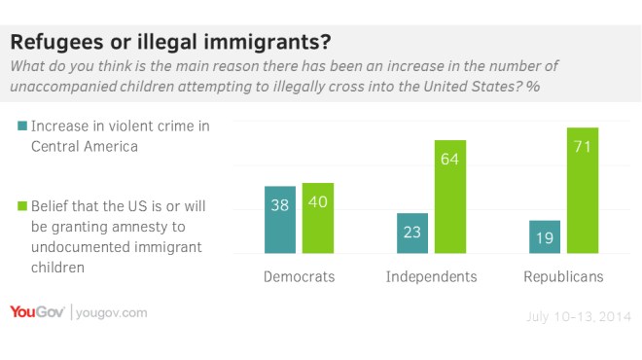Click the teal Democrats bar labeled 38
281,220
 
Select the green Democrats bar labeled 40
317,218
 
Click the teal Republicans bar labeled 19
545,237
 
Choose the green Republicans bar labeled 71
582,191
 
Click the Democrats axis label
299,277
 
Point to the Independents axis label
431,277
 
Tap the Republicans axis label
562,277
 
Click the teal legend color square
20,126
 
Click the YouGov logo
36,312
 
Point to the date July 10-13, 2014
577,317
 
